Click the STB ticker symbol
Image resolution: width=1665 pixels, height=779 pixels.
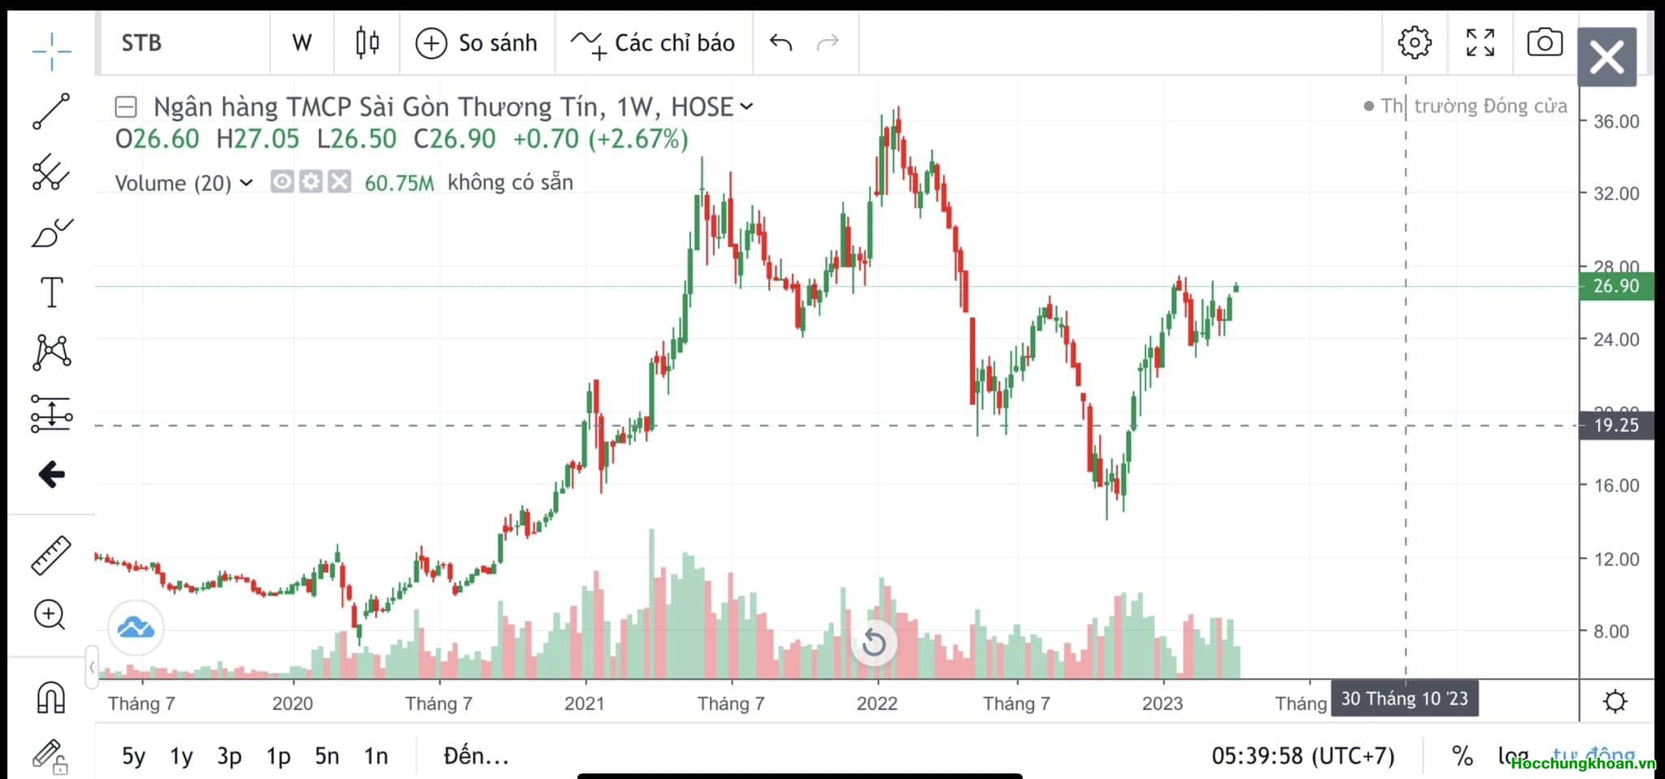coord(141,43)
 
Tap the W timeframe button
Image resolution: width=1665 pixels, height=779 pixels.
coord(302,43)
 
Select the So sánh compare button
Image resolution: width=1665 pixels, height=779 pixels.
coord(476,43)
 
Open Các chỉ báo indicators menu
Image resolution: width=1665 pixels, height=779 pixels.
coord(654,43)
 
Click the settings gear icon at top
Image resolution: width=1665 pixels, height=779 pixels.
coord(1414,43)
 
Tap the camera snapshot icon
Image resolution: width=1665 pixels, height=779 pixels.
coord(1544,43)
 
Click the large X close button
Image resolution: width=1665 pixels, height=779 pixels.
coord(1606,58)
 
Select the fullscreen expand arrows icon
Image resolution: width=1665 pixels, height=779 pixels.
coord(1480,43)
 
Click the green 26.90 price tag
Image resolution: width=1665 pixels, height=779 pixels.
coord(1615,286)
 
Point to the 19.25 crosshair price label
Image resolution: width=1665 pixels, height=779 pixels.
coord(1615,425)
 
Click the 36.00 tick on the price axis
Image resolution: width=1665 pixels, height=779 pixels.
coord(1615,122)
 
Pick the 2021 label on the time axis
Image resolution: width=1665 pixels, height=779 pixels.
coord(584,703)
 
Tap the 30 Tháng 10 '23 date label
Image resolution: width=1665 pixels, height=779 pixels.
coord(1404,699)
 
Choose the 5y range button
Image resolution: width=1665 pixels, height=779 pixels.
coord(133,756)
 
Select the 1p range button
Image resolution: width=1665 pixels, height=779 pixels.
coord(278,756)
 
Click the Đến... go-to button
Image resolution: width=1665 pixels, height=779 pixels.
coord(476,756)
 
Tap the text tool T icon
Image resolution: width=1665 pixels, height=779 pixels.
coord(51,292)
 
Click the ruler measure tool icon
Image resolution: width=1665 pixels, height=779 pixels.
coord(51,555)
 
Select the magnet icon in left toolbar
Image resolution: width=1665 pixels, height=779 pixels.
coord(51,697)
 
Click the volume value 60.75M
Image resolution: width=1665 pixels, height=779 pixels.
coord(399,183)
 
